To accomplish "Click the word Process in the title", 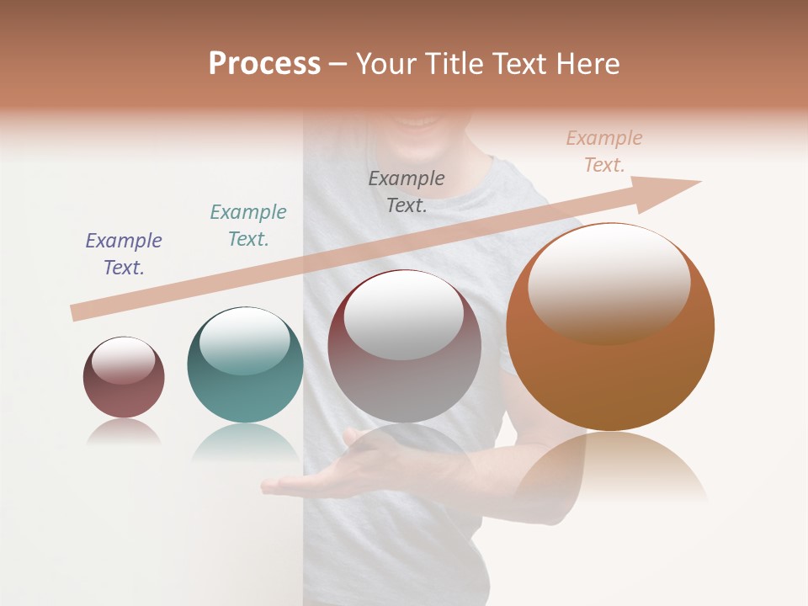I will click(x=264, y=64).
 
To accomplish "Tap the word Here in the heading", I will click(x=589, y=64).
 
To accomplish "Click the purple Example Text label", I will click(x=124, y=254).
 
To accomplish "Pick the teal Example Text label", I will click(x=248, y=226).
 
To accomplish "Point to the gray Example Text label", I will click(x=407, y=191).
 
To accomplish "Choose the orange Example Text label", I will click(x=604, y=151).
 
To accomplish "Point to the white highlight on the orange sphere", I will click(x=609, y=282).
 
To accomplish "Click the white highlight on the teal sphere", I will click(x=244, y=338).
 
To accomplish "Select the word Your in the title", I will click(x=383, y=64).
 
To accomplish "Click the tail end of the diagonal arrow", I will click(x=77, y=312).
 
